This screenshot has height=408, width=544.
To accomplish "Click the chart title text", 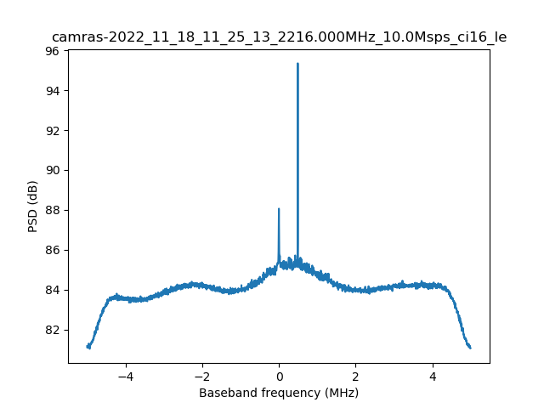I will [279, 37].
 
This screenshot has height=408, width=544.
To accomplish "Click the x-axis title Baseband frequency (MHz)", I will [279, 393].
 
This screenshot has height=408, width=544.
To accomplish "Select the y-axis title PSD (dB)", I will [32, 207].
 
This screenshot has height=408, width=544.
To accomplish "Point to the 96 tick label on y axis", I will [52, 51].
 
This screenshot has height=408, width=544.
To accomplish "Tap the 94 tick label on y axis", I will [52, 91].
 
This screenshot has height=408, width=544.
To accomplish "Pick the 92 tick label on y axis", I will [52, 131].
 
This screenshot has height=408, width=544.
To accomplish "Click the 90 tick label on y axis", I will [52, 170].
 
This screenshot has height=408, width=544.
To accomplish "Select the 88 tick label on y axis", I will [52, 210].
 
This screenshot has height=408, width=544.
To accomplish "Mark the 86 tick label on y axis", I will [52, 250].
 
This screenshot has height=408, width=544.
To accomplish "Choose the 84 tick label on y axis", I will [52, 290].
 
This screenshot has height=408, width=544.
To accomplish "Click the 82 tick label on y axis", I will [52, 330].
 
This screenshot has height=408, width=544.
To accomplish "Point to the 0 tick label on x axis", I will [279, 375].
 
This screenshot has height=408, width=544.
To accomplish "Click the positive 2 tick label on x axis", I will [355, 375].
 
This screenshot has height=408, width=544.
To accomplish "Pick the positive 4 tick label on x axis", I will [432, 375].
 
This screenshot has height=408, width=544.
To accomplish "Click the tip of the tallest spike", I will [297, 64].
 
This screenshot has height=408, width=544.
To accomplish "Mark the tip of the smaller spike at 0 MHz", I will [279, 209].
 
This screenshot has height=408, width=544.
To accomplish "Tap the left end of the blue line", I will [88, 346].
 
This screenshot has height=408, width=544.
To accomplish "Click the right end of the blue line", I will [470, 347].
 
